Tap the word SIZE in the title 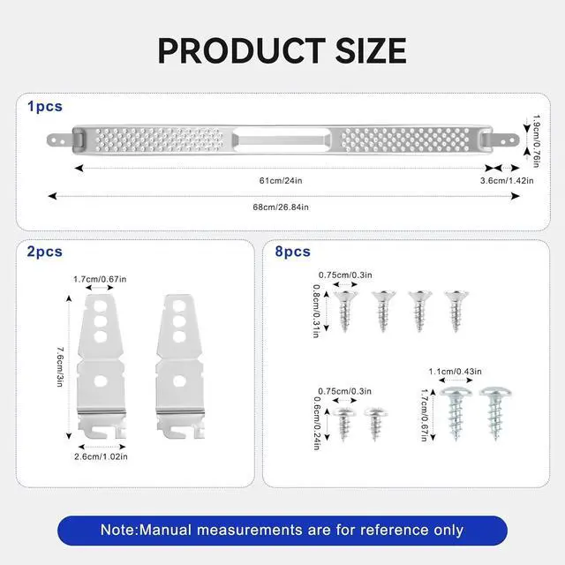[371, 50]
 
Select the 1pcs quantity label [45, 107]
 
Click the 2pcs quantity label [45, 252]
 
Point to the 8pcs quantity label [292, 252]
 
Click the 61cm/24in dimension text [281, 180]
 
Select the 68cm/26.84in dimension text [281, 207]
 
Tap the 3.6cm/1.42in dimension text [507, 180]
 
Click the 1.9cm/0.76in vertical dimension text [537, 141]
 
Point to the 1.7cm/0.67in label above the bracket [100, 279]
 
